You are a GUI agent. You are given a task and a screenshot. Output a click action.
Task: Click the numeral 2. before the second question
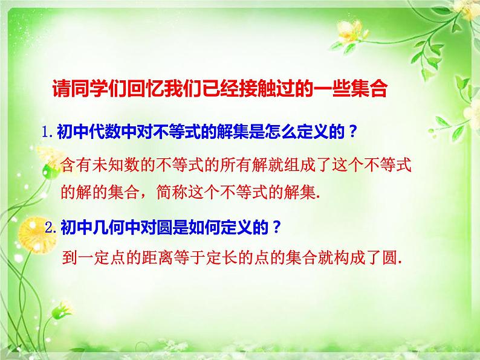51,228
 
